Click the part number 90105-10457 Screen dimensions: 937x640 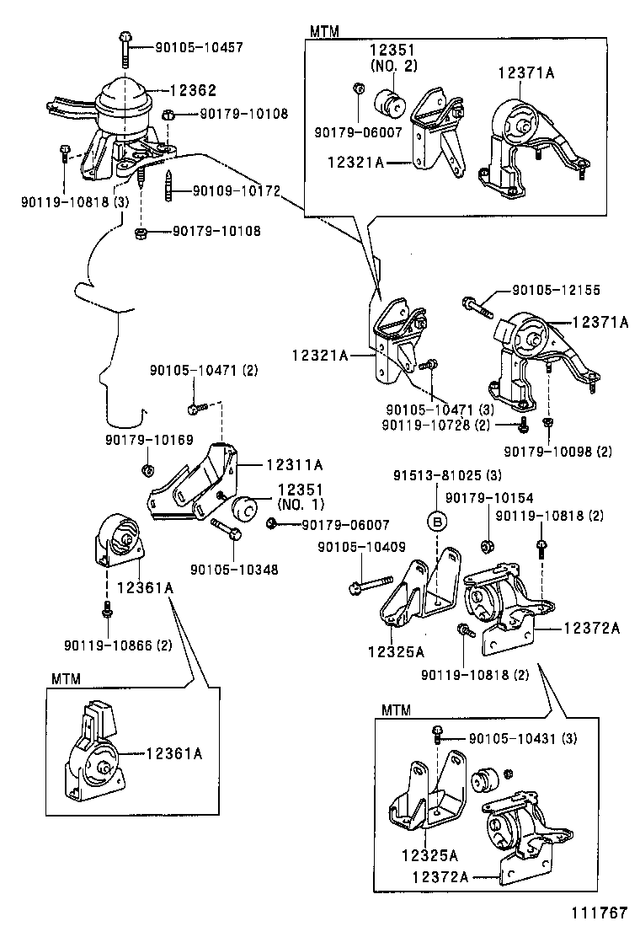[x=199, y=47]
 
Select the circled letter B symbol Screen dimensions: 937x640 [x=437, y=522]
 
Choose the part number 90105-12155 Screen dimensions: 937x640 [x=557, y=291]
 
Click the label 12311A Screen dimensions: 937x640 [x=295, y=463]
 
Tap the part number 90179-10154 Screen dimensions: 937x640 [x=489, y=499]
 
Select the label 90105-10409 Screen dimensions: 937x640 [x=361, y=548]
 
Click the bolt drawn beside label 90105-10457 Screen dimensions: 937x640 [x=125, y=48]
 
